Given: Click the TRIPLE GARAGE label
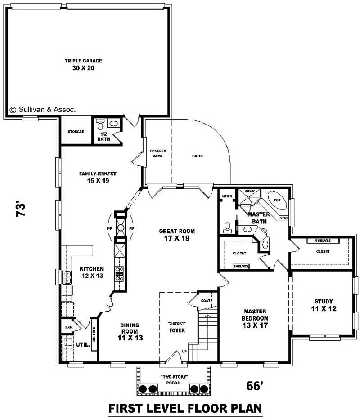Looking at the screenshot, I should [x=83, y=61].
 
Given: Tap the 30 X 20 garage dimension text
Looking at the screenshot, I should [x=83, y=68].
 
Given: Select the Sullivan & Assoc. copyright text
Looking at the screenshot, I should [x=43, y=109].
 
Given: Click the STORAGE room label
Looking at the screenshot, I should [x=76, y=132].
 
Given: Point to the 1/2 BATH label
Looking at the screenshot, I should [x=103, y=137].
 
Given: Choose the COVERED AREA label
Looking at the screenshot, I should [x=158, y=153].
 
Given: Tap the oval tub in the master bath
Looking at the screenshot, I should [x=276, y=201].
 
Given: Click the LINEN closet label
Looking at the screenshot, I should [x=227, y=196].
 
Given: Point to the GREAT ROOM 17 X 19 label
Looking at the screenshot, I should [x=177, y=235].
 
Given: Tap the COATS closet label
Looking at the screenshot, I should [x=207, y=300].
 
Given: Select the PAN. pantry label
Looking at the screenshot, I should [x=68, y=327].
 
